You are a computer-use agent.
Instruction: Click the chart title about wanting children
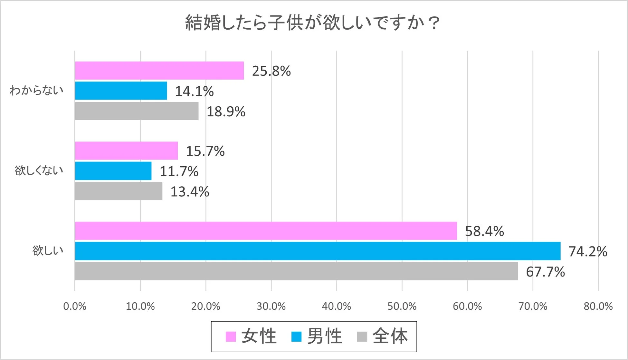[312, 23]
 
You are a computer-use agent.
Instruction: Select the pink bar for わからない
[159, 70]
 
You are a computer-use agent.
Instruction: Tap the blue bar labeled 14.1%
[121, 91]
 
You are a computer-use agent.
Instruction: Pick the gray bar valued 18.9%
[137, 111]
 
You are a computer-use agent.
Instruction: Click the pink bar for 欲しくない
[126, 151]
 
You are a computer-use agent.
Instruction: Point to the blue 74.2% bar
[318, 251]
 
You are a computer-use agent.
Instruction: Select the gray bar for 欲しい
[296, 271]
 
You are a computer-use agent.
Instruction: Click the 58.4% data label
[484, 231]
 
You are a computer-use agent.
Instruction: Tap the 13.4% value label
[190, 191]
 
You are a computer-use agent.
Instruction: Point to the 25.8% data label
[271, 71]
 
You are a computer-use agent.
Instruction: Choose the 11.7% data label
[179, 171]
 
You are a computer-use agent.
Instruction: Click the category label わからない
[36, 90]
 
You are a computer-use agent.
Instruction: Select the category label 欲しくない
[39, 170]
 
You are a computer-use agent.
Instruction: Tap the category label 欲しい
[48, 250]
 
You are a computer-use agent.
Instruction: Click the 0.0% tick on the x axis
[75, 306]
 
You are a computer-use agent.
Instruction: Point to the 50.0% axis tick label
[402, 306]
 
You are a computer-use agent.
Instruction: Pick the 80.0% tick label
[598, 306]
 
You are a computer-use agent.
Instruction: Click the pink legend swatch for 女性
[231, 336]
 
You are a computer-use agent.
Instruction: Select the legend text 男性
[325, 336]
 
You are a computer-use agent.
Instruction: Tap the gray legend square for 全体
[362, 336]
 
